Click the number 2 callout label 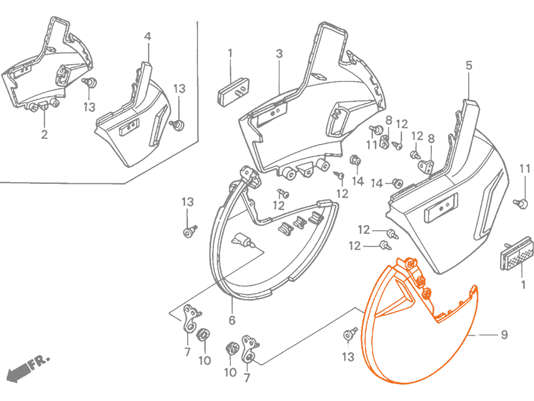click(44, 134)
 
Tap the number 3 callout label click(280, 54)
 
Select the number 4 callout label click(148, 37)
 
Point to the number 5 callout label click(469, 65)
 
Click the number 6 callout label click(232, 320)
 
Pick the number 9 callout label click(504, 335)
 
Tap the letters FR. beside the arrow click(39, 362)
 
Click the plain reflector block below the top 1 click(233, 92)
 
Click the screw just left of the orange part click(350, 334)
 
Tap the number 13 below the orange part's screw click(348, 357)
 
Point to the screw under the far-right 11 click(521, 204)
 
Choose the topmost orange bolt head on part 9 click(411, 263)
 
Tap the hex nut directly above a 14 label click(355, 160)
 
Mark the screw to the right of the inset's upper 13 click(178, 125)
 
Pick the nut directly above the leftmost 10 click(204, 334)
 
